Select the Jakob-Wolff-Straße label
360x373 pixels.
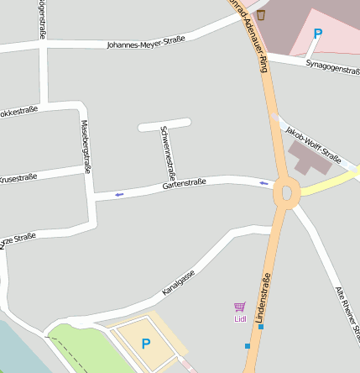tap(313, 144)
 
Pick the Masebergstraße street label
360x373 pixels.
tap(85, 146)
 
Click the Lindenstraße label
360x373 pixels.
tap(267, 299)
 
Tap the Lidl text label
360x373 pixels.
tap(240, 318)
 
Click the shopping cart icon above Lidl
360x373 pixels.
tap(240, 307)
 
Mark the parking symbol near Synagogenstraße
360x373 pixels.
tap(317, 34)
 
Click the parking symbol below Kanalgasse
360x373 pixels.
tap(145, 344)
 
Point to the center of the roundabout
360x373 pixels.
tap(286, 193)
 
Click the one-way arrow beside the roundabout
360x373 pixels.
tap(265, 183)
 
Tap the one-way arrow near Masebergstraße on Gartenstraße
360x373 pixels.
tap(118, 195)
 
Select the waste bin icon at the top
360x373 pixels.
tap(261, 14)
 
